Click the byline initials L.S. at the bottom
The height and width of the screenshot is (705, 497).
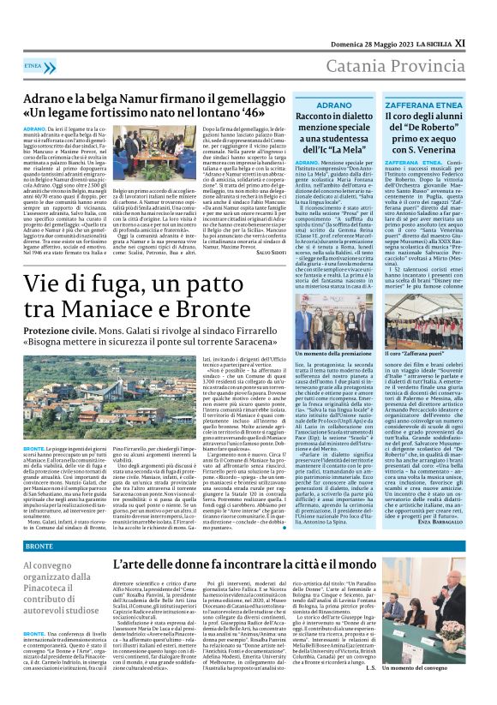[x=395, y=668]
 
